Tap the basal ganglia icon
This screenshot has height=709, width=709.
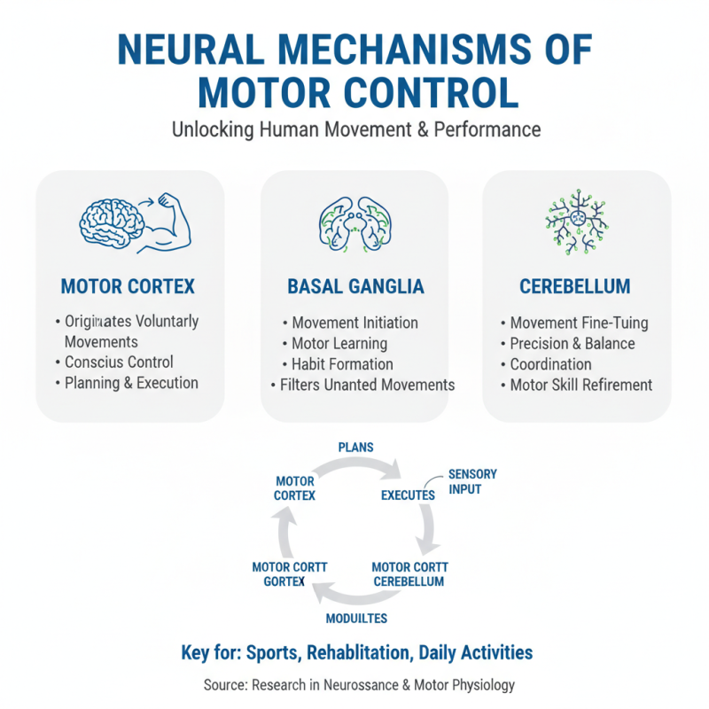coord(354,222)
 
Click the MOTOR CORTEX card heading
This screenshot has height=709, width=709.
coord(128,287)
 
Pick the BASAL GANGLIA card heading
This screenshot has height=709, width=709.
coord(355,287)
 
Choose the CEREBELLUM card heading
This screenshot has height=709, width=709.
coord(576,287)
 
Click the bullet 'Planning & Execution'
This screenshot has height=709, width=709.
coord(131,383)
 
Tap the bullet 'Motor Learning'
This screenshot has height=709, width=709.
coord(339,344)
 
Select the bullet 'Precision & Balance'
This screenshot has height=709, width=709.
coord(573,344)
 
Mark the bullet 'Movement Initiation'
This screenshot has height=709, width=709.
coord(354,323)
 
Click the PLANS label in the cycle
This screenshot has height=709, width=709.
coord(355,448)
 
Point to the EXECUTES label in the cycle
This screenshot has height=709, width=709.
coord(408,495)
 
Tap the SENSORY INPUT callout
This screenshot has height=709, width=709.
coord(472,481)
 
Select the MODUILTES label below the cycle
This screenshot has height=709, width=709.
coord(355,618)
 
